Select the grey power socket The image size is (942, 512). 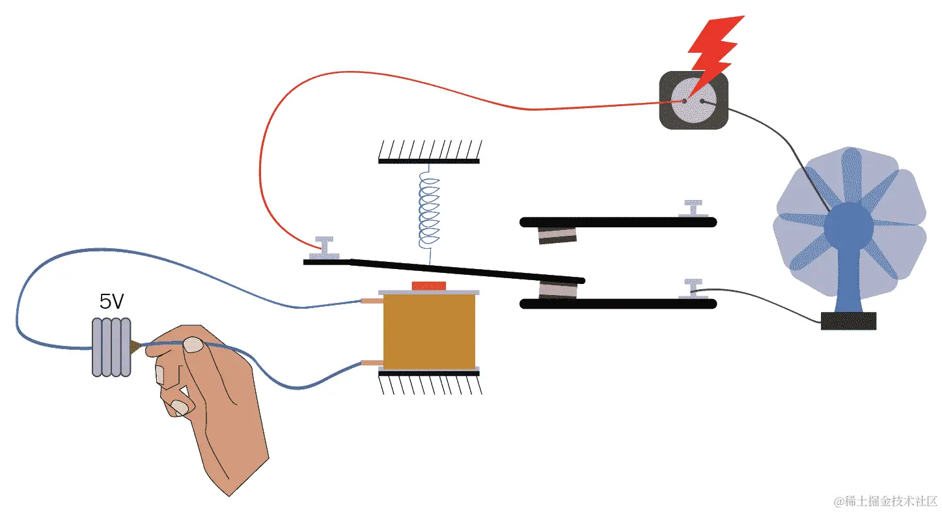(693, 101)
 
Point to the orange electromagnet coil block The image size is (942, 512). (429, 330)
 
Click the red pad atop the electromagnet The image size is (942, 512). (429, 285)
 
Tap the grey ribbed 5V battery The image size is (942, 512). (111, 347)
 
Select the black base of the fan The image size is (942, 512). (848, 320)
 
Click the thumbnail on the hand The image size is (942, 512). (192, 345)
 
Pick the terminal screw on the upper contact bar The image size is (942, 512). (694, 208)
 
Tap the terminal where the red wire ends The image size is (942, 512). (324, 248)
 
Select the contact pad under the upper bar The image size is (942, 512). (558, 235)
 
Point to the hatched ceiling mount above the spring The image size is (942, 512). (429, 152)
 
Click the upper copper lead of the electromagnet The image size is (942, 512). (372, 301)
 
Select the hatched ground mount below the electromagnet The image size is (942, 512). (430, 382)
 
